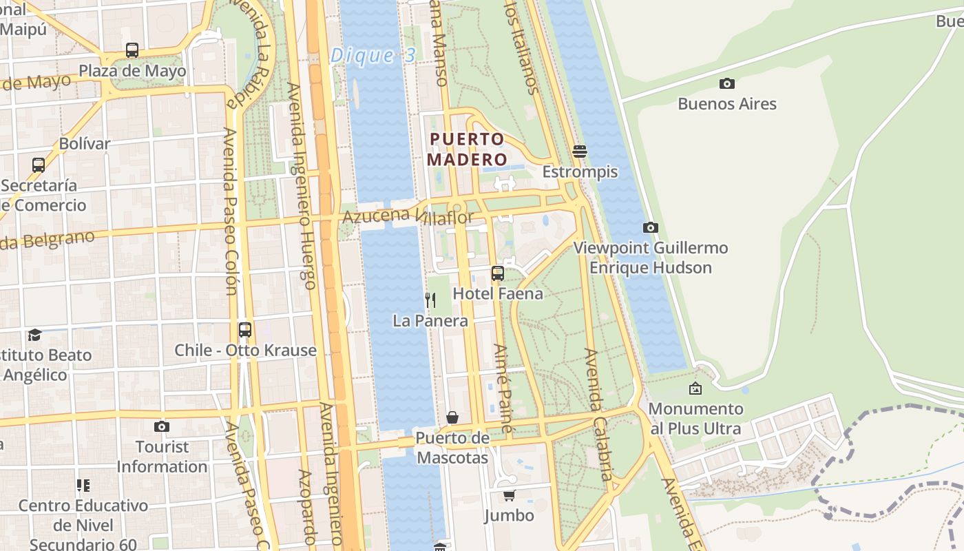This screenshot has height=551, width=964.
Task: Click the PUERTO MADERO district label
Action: coord(467,149)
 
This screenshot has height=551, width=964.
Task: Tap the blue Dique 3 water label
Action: coord(373,56)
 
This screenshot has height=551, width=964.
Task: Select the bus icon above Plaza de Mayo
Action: coord(132,50)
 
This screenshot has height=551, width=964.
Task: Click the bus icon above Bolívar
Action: coord(39,165)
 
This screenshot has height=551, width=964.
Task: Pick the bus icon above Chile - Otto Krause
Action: coord(245,330)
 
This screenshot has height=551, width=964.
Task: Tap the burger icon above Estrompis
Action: coord(580,152)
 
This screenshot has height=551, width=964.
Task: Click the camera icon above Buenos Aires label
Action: coord(726,84)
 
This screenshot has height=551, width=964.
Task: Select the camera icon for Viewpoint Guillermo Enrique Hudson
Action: coord(650,227)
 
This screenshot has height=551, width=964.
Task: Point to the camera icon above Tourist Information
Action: coord(162,426)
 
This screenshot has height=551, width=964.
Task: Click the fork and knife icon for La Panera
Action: coord(430,300)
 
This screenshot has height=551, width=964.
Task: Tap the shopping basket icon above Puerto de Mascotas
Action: coord(452,417)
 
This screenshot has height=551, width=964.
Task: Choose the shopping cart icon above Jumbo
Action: coord(509,495)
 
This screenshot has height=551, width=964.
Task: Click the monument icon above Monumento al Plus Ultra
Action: coord(695,388)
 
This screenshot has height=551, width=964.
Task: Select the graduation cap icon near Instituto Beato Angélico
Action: coord(34,335)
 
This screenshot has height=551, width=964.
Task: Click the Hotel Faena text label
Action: coord(498,294)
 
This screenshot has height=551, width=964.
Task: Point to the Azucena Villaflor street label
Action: coord(408,217)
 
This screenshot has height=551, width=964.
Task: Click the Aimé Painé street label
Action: coord(503,388)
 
